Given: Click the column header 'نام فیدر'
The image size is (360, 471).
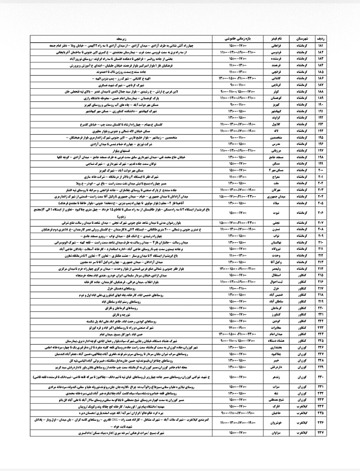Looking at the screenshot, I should click(x=275, y=38).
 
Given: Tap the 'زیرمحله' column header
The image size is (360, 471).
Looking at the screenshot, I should click(x=121, y=38).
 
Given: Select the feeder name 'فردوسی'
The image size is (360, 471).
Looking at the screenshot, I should click(x=275, y=52).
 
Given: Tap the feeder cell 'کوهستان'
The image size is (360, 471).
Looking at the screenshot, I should click(x=275, y=98).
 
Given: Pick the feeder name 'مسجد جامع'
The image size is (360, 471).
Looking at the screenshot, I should click(x=275, y=157).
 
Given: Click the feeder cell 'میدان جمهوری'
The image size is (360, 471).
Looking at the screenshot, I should click(x=275, y=197).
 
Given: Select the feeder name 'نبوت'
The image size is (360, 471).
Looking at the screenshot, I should click(x=275, y=213).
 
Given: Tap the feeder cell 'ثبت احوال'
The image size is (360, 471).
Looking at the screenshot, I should click(x=275, y=282).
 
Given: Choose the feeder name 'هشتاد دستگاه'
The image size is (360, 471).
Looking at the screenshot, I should click(x=275, y=341).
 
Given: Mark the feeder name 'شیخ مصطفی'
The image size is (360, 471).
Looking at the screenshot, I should click(x=275, y=400).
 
